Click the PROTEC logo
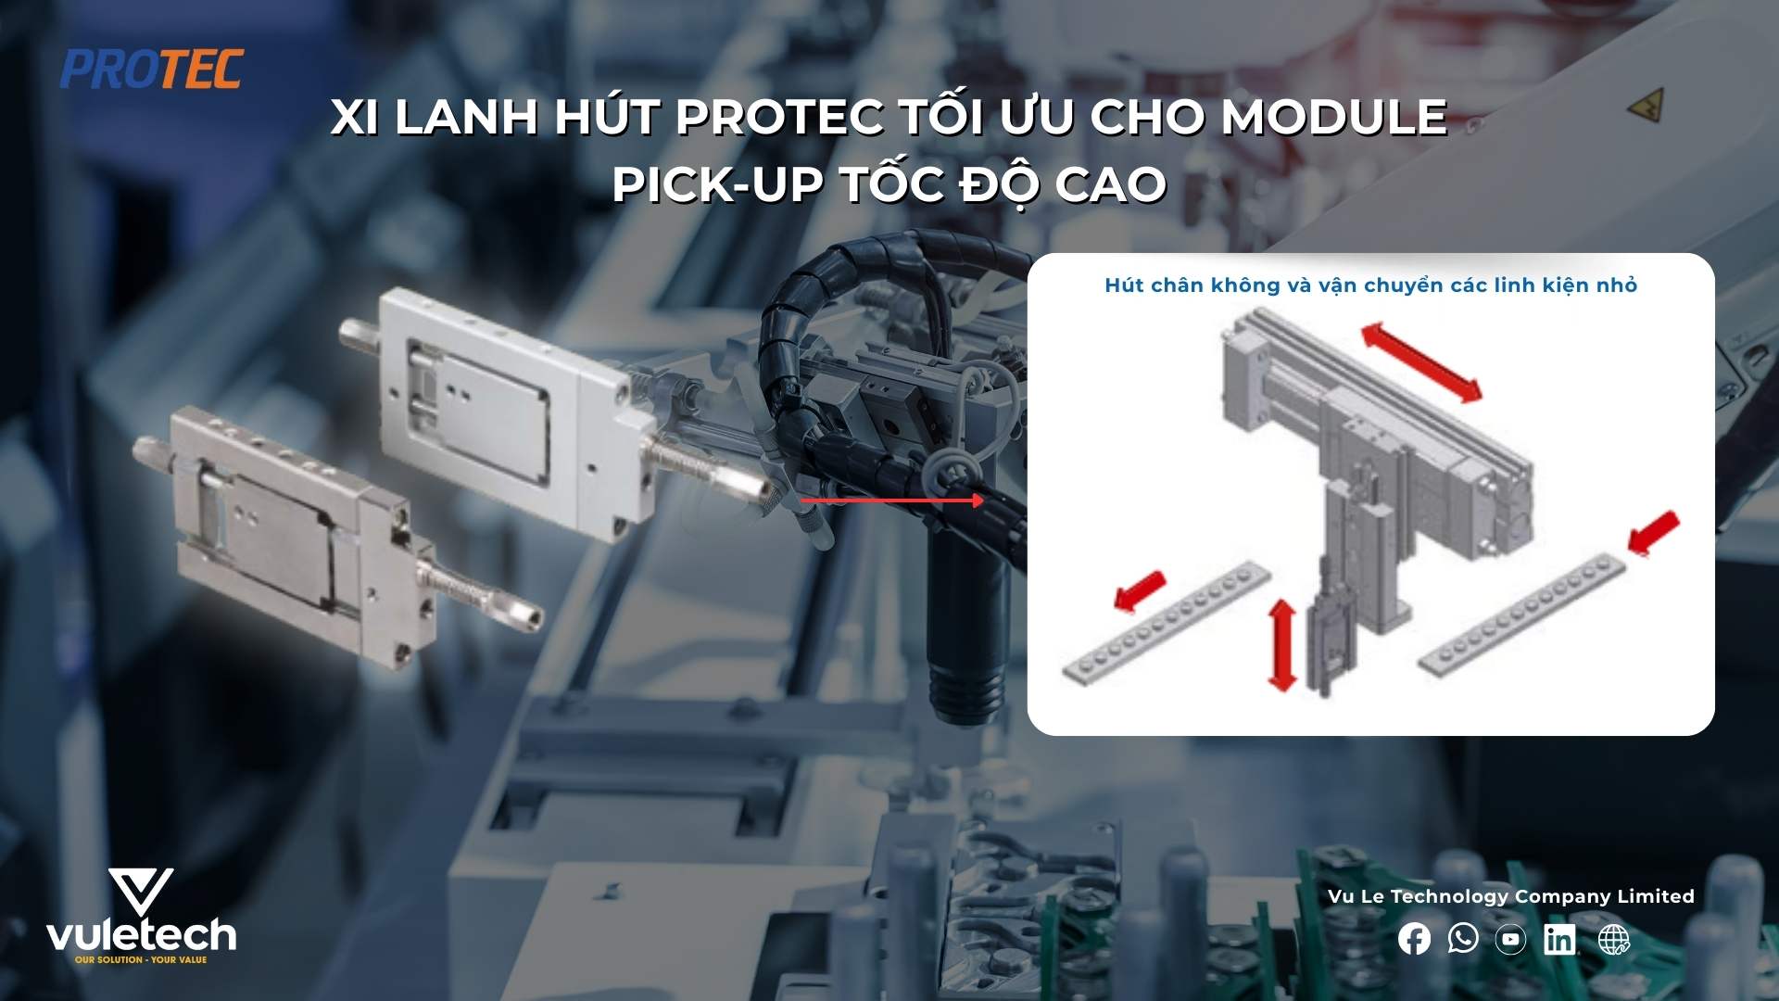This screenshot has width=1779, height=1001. (152, 70)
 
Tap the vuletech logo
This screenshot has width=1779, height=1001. (142, 917)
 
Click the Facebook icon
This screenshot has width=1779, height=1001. (1414, 939)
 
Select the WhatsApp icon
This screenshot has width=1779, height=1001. (1463, 938)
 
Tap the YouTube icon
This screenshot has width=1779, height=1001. (1510, 939)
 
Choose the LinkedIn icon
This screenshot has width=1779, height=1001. (1559, 939)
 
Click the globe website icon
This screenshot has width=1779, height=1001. (1614, 939)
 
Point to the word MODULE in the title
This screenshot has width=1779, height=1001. (1333, 117)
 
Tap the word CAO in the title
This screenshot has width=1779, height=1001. (1110, 184)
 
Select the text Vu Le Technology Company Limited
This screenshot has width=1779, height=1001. (1510, 896)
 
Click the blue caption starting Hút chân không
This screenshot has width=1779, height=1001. (1370, 285)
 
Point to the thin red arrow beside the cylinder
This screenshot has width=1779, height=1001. (891, 500)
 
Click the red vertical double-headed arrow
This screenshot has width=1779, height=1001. (1281, 645)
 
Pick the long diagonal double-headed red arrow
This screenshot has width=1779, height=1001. (1421, 362)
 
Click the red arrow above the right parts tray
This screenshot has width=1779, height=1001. (1655, 533)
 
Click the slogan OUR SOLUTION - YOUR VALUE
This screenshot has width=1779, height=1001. (141, 959)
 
